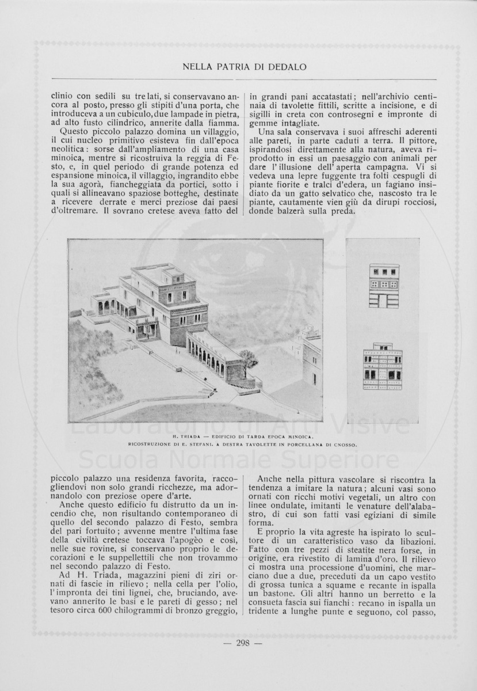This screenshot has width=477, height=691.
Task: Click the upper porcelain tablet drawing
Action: click(384, 286)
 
